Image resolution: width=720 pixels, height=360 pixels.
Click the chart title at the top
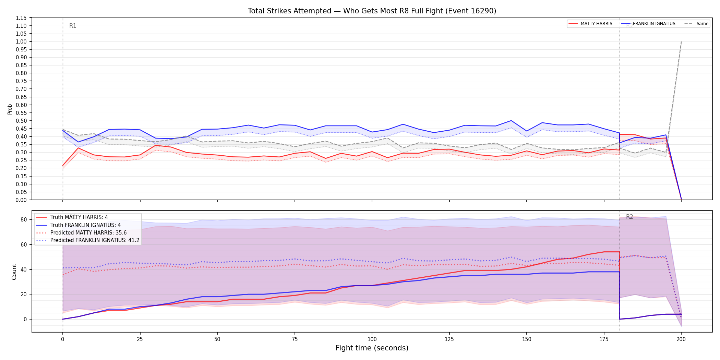pyautogui.click(x=372, y=11)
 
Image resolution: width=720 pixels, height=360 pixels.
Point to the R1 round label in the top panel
pyautogui.click(x=73, y=26)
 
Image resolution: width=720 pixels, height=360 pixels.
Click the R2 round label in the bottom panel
pyautogui.click(x=629, y=217)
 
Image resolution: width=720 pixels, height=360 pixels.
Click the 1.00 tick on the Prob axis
pyautogui.click(x=21, y=41)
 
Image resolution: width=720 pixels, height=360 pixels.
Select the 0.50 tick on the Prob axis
pyautogui.click(x=21, y=121)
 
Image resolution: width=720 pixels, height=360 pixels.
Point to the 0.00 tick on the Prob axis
pyautogui.click(x=21, y=200)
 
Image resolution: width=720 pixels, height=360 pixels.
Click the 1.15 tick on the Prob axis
pyautogui.click(x=21, y=18)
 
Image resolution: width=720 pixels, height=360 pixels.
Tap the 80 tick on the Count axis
pyautogui.click(x=24, y=219)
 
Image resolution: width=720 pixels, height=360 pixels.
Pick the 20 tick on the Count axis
pyautogui.click(x=24, y=294)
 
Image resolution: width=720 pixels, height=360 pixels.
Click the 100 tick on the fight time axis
pyautogui.click(x=372, y=339)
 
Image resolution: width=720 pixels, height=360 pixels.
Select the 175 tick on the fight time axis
pyautogui.click(x=604, y=339)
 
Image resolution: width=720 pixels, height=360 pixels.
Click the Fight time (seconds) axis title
pyautogui.click(x=372, y=348)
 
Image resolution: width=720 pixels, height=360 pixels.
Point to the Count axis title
pyautogui.click(x=14, y=272)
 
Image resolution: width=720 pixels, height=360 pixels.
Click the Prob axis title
pyautogui.click(x=10, y=109)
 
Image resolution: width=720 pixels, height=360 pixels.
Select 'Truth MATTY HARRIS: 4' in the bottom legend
pyautogui.click(x=79, y=217)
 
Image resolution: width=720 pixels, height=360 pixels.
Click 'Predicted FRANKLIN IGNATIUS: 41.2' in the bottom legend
pyautogui.click(x=95, y=240)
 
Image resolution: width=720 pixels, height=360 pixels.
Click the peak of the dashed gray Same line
pyautogui.click(x=681, y=41)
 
